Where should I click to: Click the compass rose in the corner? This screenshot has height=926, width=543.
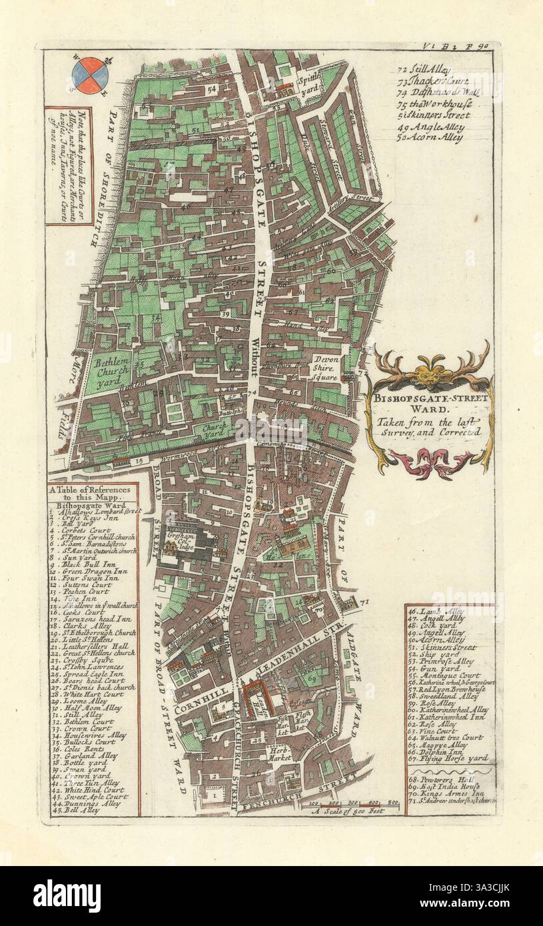[x=90, y=75]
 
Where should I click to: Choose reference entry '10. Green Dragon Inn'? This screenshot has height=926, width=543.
[x=88, y=571]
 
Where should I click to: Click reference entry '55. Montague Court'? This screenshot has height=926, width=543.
[x=446, y=676]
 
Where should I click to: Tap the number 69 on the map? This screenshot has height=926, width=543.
[x=312, y=679]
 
